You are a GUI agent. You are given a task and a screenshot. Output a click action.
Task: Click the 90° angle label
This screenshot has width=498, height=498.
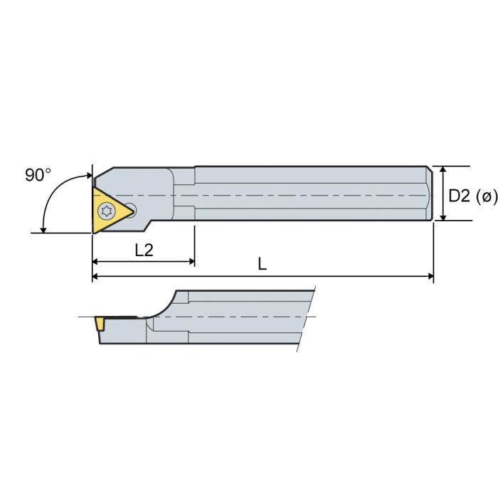click(x=38, y=175)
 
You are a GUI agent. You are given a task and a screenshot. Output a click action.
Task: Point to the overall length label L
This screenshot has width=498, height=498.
click(x=262, y=264)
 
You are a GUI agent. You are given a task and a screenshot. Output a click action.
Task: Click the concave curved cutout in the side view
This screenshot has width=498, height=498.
click(x=162, y=306)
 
